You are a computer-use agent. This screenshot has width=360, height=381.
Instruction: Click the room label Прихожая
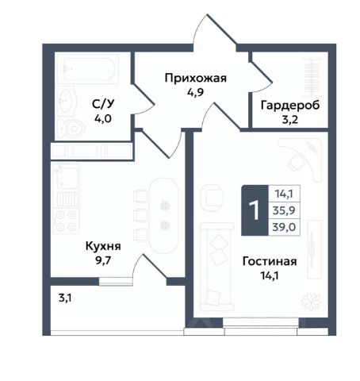point(196,79)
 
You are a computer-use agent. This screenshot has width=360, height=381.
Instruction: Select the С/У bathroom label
point(103,104)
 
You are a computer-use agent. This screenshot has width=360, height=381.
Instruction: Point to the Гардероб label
point(290,106)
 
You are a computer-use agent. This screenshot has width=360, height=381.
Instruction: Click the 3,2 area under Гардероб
point(290,120)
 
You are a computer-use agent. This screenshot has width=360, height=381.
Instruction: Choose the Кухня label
point(103,247)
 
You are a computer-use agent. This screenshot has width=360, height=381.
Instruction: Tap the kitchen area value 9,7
point(103,261)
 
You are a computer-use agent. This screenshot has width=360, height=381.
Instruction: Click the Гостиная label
point(270,261)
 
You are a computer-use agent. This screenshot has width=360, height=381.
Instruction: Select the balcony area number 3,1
point(65,298)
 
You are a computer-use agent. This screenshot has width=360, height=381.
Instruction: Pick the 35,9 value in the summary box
point(284,210)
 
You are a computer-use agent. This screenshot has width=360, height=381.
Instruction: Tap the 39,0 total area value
point(284,227)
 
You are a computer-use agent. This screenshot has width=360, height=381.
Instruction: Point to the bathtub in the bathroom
point(88,69)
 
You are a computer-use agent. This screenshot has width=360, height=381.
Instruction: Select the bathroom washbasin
point(67,101)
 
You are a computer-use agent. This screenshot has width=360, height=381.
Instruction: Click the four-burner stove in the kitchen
point(66,221)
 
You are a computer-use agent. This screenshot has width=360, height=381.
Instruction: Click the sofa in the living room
point(217,267)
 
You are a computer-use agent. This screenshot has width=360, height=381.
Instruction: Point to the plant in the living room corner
point(312,301)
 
